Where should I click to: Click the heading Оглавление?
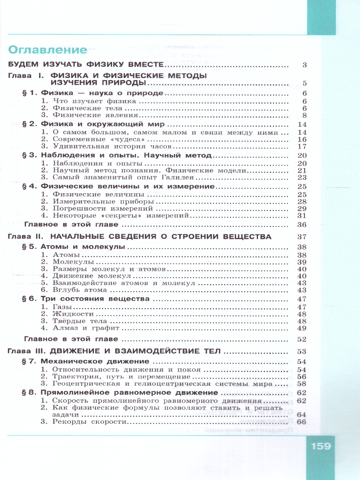tap(48, 50)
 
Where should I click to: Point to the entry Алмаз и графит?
tap(81, 328)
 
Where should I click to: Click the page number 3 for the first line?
tap(304, 65)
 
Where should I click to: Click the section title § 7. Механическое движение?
tap(87, 362)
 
